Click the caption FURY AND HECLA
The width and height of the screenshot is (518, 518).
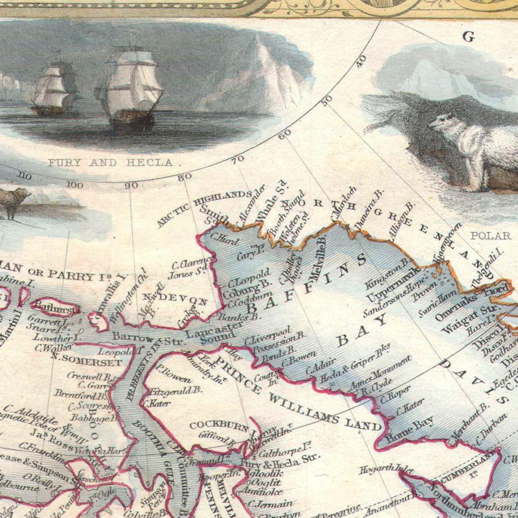(x=110, y=163)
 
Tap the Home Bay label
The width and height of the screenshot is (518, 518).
(x=409, y=430)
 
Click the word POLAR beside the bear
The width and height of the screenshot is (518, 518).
(x=490, y=236)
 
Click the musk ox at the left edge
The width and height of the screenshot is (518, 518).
(x=13, y=201)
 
